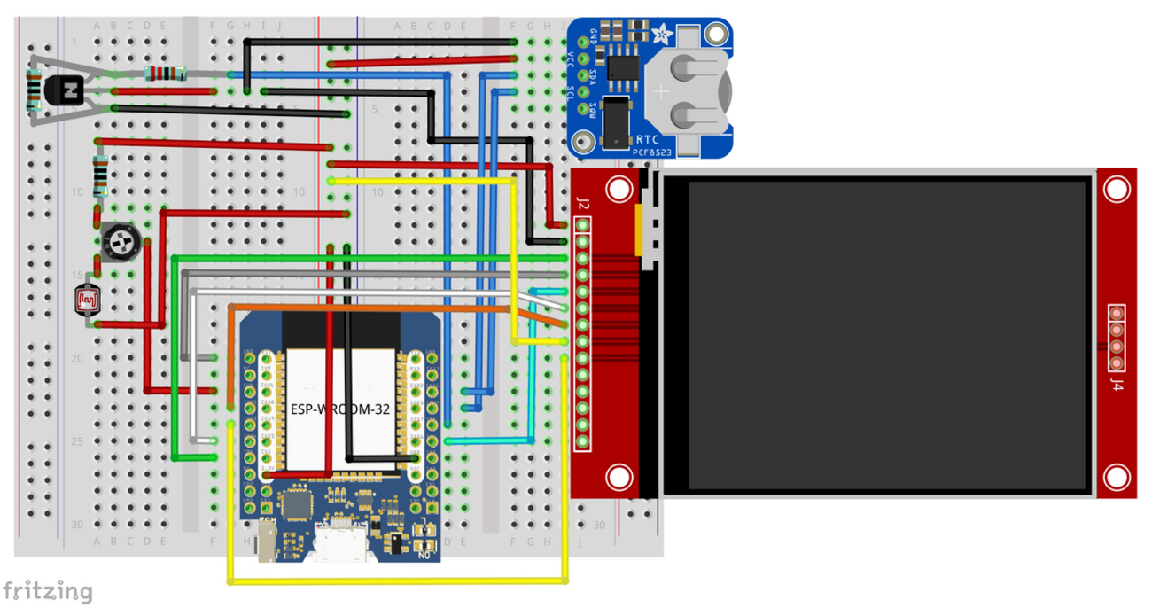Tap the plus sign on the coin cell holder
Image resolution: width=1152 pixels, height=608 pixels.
tap(661, 90)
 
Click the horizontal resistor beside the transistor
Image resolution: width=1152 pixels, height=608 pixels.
tap(165, 74)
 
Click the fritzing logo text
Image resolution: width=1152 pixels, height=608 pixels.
tap(48, 590)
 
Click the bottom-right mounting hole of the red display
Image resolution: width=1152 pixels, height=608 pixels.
tap(1117, 479)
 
